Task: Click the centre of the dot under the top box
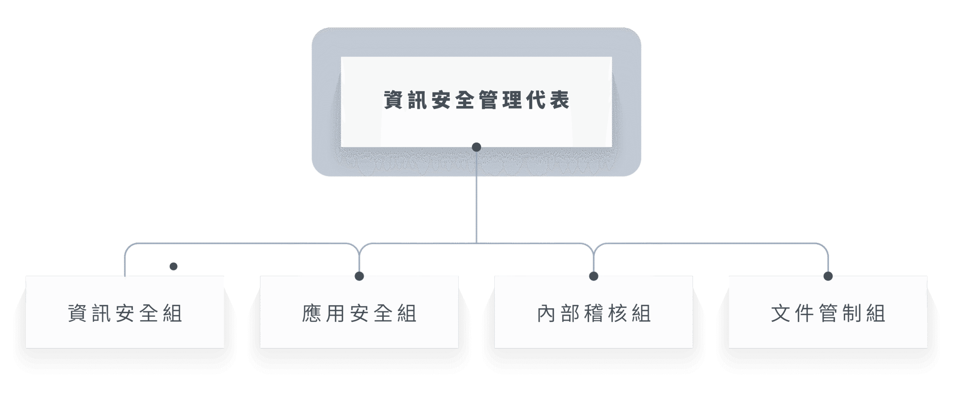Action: point(476,147)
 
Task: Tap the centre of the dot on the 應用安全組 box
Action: point(359,276)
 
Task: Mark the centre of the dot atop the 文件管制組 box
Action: point(828,276)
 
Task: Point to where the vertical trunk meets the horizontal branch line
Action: point(476,243)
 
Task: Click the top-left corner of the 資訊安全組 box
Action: point(26,276)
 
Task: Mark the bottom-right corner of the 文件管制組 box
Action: point(927,348)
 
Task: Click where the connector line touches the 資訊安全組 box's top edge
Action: point(125,276)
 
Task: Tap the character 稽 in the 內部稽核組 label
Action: point(594,313)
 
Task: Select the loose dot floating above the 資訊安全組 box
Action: point(173,266)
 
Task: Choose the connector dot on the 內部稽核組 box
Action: point(594,276)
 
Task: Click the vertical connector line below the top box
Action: point(476,195)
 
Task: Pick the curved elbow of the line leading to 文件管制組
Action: point(824,247)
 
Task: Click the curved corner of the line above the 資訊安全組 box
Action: point(129,247)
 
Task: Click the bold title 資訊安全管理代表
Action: point(476,100)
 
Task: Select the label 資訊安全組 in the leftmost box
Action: point(125,313)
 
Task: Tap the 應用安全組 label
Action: point(359,313)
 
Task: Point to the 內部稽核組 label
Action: point(594,313)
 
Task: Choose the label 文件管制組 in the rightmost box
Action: point(828,313)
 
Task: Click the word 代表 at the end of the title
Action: point(548,100)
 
